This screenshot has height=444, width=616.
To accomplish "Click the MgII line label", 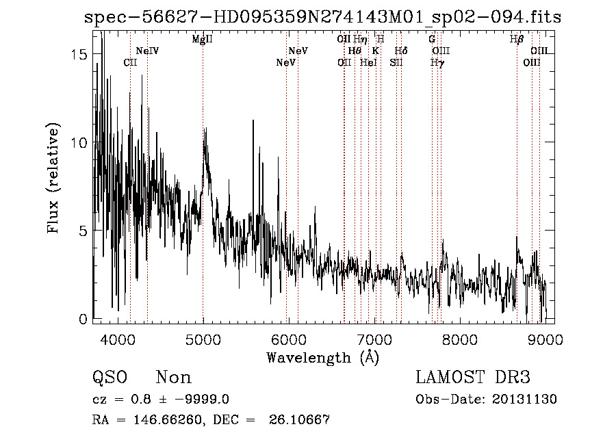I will click(x=203, y=40).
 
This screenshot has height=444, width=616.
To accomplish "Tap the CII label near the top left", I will click(x=130, y=62).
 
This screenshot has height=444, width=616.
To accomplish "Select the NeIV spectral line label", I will click(x=147, y=51).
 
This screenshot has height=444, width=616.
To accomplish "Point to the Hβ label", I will click(x=517, y=40).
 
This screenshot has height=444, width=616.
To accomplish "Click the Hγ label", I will click(x=437, y=62).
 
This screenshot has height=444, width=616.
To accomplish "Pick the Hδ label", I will click(x=402, y=51).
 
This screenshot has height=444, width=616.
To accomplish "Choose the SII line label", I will click(x=396, y=62).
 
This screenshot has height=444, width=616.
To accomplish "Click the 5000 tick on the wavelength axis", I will click(x=203, y=338).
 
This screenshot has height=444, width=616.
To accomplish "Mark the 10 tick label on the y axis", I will click(x=79, y=142).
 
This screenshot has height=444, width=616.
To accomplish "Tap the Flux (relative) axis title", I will click(x=53, y=179).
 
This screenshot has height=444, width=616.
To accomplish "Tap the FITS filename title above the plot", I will click(x=322, y=18).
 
